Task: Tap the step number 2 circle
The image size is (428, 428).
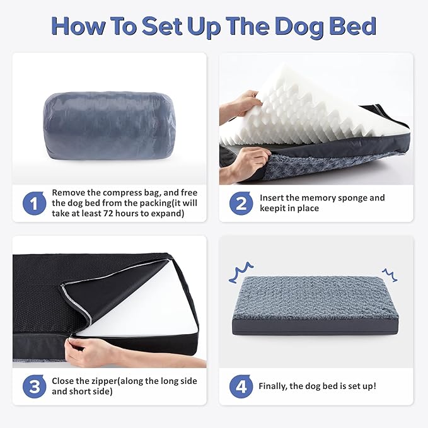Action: [241, 203]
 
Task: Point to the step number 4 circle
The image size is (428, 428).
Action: [241, 386]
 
